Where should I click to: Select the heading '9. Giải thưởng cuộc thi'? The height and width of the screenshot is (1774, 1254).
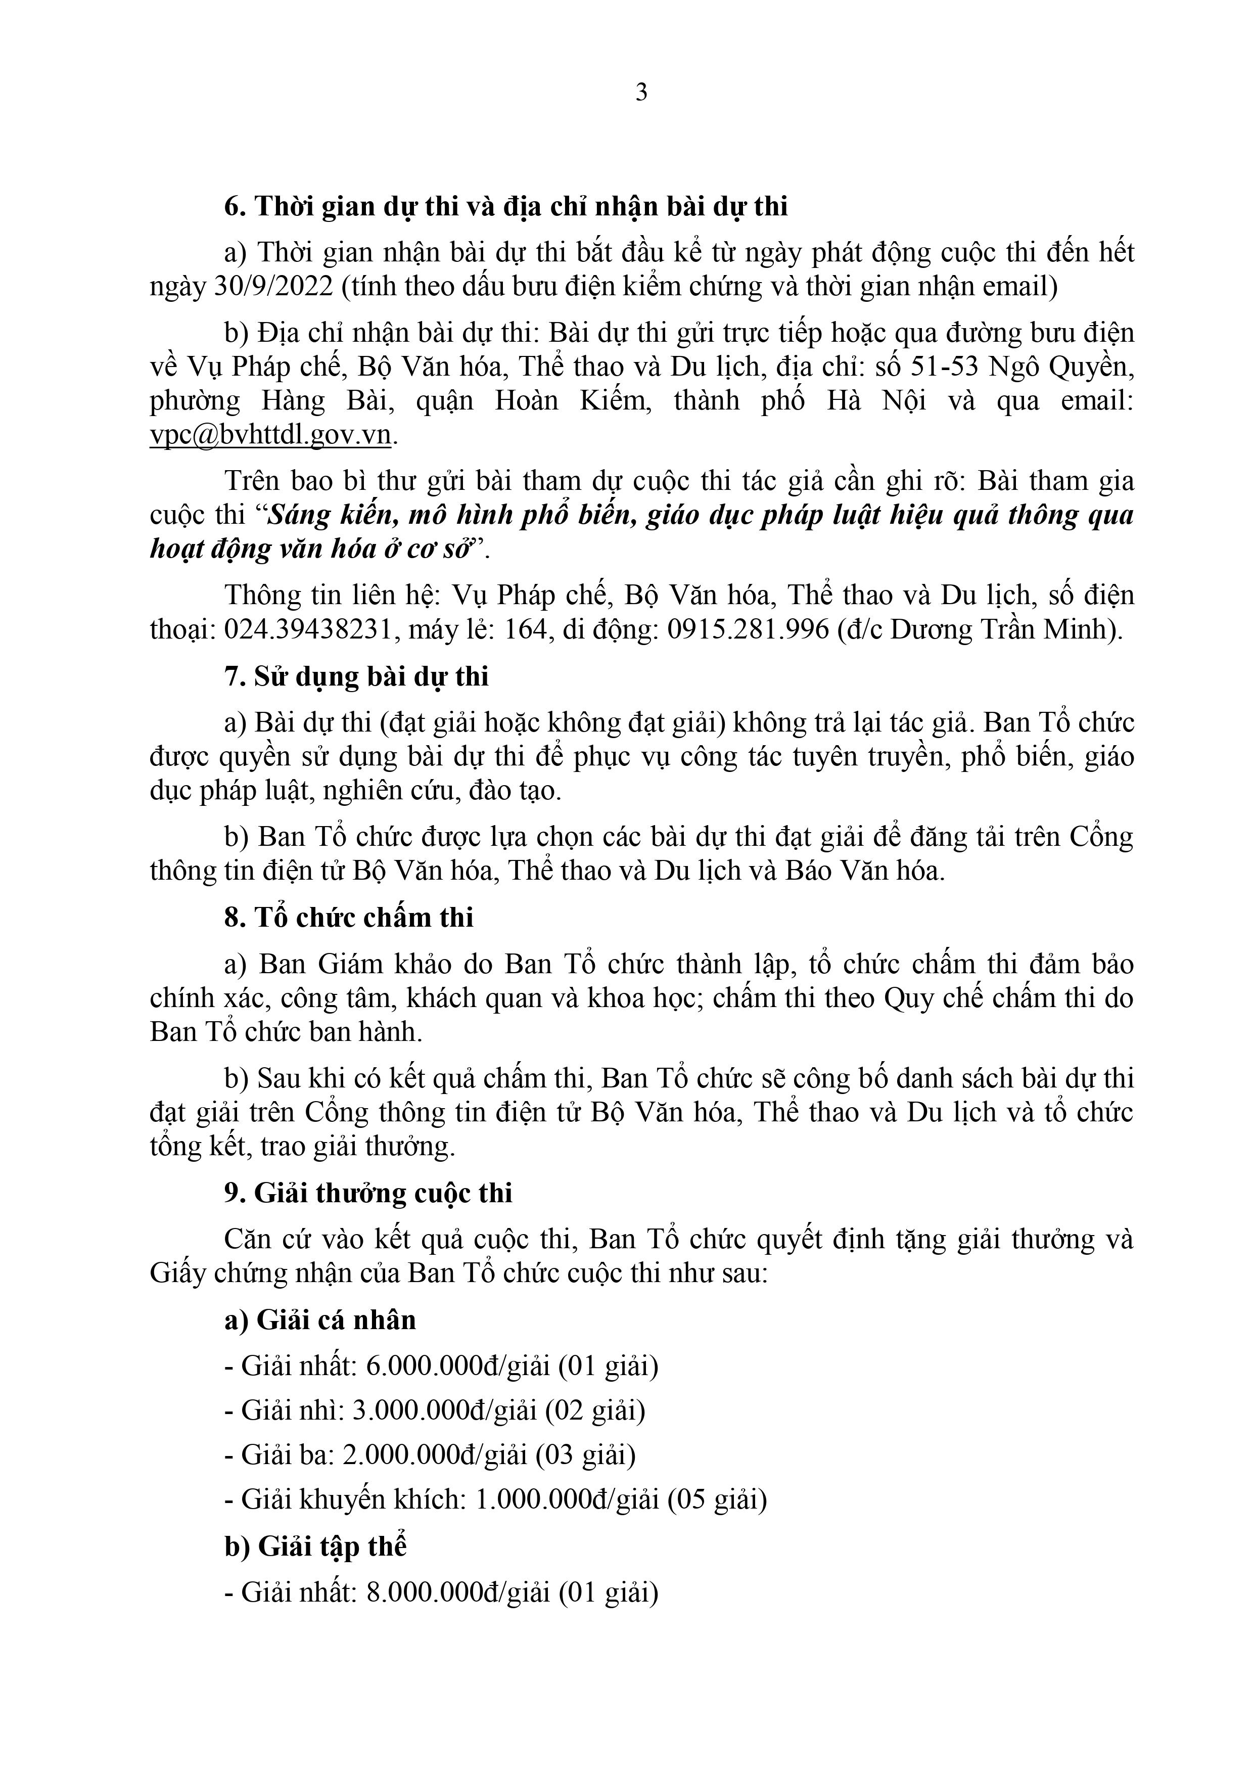pos(368,1193)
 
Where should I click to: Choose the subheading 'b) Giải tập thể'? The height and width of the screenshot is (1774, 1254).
pos(315,1546)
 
